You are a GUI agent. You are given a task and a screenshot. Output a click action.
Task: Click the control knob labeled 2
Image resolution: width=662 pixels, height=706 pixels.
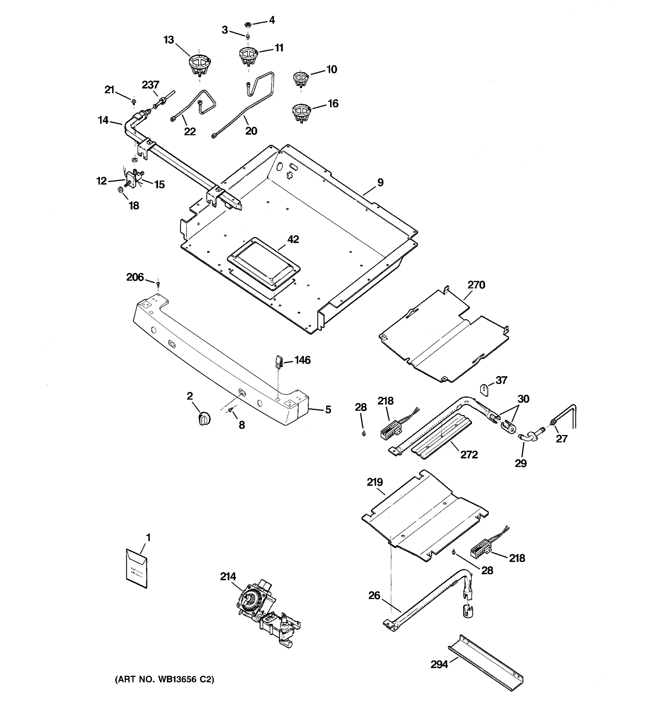tap(204, 418)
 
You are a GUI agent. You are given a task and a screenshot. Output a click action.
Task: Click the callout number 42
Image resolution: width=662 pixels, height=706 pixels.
tap(293, 239)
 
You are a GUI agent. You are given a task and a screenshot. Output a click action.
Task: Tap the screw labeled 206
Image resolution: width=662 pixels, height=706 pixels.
tap(158, 283)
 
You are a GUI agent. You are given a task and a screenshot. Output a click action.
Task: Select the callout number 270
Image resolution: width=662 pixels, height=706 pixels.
tap(476, 285)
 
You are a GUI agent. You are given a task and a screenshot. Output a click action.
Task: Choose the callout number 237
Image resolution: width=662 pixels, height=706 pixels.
tap(151, 85)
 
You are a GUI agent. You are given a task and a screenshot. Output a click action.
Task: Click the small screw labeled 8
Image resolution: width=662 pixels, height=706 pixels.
tap(231, 410)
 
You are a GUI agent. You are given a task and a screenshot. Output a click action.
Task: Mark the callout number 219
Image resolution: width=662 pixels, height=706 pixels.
tap(375, 482)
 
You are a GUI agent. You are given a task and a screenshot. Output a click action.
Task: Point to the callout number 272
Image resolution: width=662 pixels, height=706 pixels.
tap(469, 455)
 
